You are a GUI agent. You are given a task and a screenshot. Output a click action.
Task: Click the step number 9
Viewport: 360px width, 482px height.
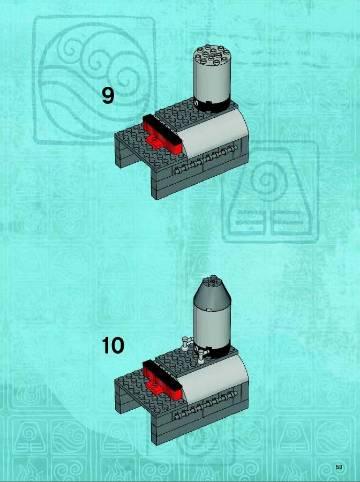[108, 96]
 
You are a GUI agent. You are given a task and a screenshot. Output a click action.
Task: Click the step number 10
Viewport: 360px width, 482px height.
[113, 345]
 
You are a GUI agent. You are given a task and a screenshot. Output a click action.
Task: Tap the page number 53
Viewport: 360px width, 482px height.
[339, 467]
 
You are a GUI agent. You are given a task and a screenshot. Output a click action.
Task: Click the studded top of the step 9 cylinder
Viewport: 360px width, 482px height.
[212, 55]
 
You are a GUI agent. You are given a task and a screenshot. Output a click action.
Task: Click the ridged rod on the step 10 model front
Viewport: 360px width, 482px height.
[205, 405]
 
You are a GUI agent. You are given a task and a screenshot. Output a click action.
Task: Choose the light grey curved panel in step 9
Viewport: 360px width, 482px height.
[215, 132]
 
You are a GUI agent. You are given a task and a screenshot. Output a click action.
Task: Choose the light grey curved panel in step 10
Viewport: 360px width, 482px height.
[215, 378]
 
